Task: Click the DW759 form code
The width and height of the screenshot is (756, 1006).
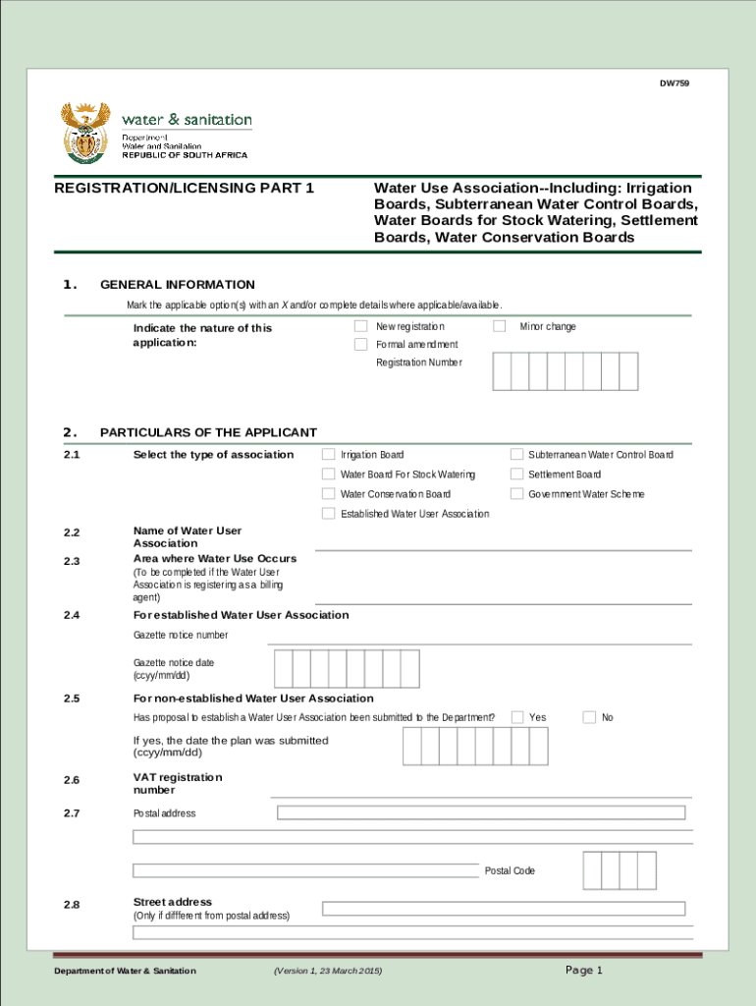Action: (x=674, y=84)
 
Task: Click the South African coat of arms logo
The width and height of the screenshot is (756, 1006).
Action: (x=82, y=133)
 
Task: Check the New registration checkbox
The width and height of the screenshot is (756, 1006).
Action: (x=360, y=326)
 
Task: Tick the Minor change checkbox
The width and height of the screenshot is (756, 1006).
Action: (x=500, y=326)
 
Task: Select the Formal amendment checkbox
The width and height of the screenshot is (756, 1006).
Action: (x=360, y=345)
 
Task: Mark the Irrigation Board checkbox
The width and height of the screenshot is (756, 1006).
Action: (x=329, y=455)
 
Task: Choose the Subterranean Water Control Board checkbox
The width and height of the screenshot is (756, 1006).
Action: (x=516, y=455)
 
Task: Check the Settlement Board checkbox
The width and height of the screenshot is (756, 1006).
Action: (x=516, y=475)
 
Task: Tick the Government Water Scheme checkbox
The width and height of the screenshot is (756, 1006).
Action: (x=516, y=494)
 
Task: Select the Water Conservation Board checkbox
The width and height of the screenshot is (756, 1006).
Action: (x=329, y=494)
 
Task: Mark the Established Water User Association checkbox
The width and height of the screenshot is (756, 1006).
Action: (x=329, y=514)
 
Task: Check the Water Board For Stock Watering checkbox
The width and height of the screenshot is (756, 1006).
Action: (x=329, y=475)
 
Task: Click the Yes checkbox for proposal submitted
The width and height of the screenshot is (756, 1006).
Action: (x=517, y=717)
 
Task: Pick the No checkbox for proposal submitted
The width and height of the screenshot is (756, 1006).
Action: (x=589, y=717)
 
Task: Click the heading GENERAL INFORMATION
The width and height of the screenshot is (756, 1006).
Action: (x=177, y=285)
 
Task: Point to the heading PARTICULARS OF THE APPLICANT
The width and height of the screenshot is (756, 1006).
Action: (x=208, y=432)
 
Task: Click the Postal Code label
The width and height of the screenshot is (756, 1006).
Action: (x=510, y=871)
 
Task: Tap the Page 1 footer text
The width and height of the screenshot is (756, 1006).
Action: (x=583, y=971)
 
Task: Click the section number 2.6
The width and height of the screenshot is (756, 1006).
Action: (x=72, y=781)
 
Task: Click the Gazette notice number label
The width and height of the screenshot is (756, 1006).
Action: (x=181, y=636)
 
